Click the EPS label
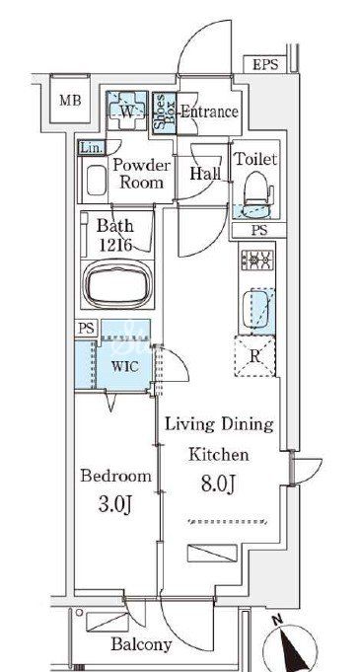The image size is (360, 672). (x=265, y=65)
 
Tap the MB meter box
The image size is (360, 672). (x=70, y=99)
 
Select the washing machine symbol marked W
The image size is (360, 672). (x=127, y=111)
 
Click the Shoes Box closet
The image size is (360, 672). (x=164, y=112)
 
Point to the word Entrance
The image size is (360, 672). (x=209, y=112)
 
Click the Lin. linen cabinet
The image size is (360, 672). (x=92, y=148)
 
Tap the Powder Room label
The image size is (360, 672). (x=141, y=174)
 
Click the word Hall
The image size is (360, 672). (x=205, y=173)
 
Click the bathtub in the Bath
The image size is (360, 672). (x=117, y=284)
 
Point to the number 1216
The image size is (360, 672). (x=115, y=244)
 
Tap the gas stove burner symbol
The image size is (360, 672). (x=257, y=259)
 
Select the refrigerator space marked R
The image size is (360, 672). (x=255, y=356)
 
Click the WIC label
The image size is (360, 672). (x=124, y=366)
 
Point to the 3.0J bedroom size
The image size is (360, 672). (x=115, y=505)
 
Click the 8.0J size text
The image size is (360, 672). (x=218, y=485)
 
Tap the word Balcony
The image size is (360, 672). (x=141, y=643)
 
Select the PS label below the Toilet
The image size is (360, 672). (x=258, y=230)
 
